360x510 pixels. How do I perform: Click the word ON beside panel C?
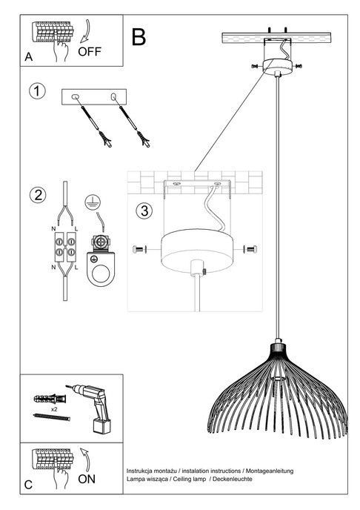(x=87, y=479)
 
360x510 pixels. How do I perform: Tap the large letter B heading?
(x=138, y=36)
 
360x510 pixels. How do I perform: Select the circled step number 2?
(x=36, y=196)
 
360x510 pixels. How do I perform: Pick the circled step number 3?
(x=144, y=211)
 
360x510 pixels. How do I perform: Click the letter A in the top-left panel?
(x=28, y=56)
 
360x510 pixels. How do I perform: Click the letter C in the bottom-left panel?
(x=28, y=485)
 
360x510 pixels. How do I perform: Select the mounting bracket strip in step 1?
(x=95, y=97)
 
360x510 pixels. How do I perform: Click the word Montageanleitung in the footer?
(x=271, y=471)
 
